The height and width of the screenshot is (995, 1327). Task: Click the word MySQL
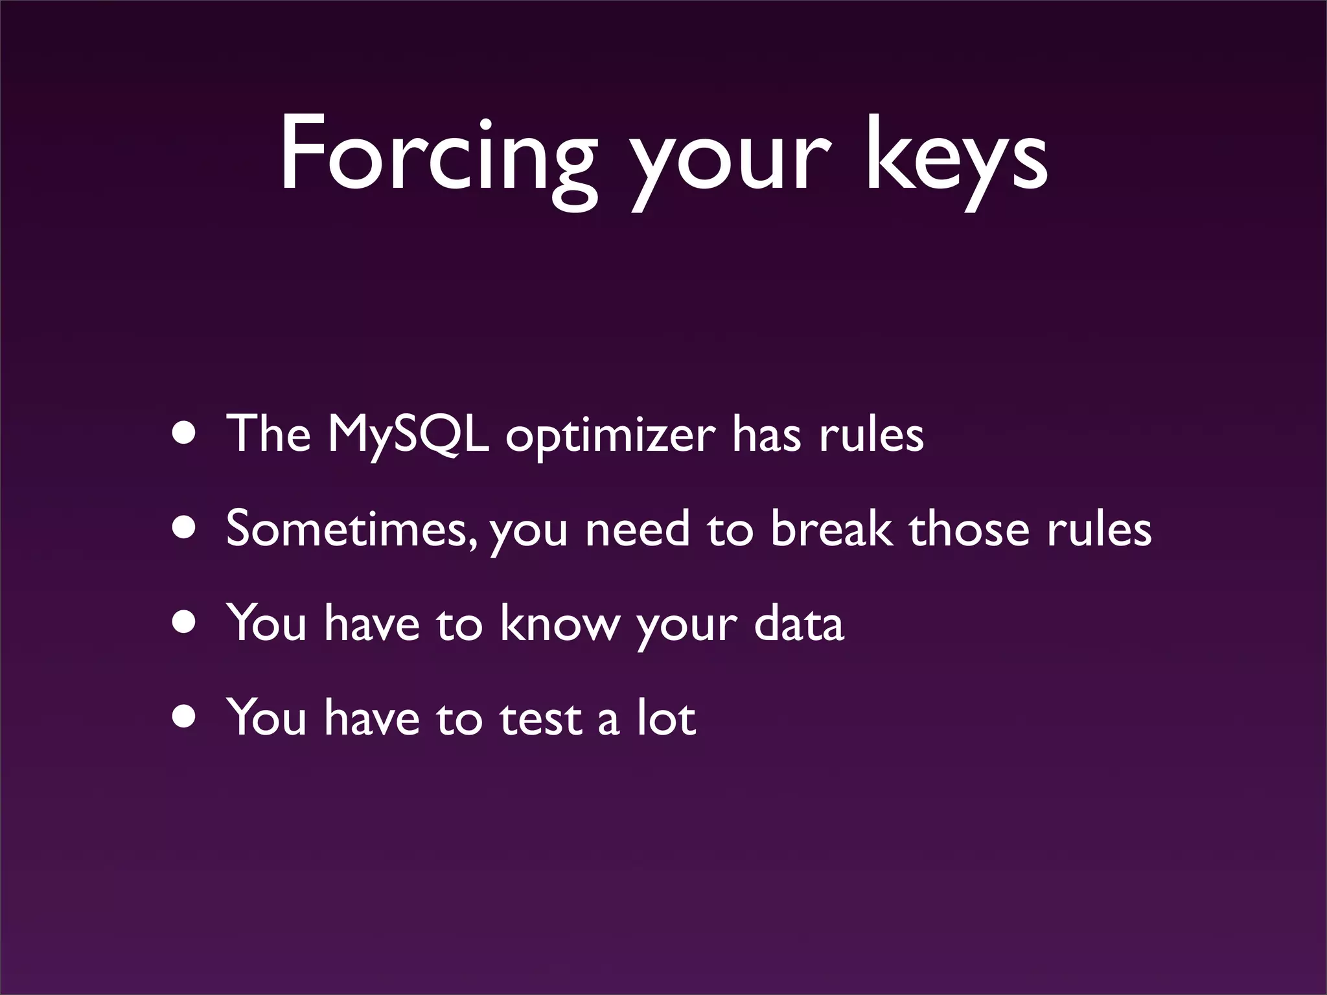[x=408, y=435]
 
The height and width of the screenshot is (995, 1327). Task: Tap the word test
[x=540, y=718]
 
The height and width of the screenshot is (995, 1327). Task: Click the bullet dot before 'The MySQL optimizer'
[x=184, y=433]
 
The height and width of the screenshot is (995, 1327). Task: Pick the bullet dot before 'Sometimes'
[x=184, y=528]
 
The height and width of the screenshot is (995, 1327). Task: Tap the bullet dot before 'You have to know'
[x=184, y=622]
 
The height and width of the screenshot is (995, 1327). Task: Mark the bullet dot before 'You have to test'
[x=184, y=717]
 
